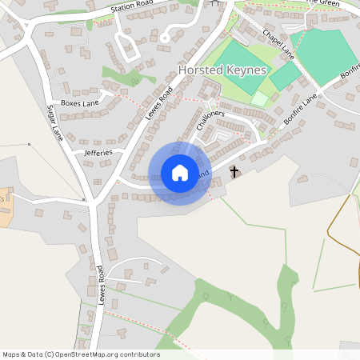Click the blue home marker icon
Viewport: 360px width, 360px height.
[x=179, y=173]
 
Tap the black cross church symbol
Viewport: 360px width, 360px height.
[x=234, y=172]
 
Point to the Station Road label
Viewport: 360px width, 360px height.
[x=131, y=9]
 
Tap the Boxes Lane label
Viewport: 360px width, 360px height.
[x=78, y=103]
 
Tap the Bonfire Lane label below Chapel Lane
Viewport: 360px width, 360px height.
[x=299, y=110]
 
